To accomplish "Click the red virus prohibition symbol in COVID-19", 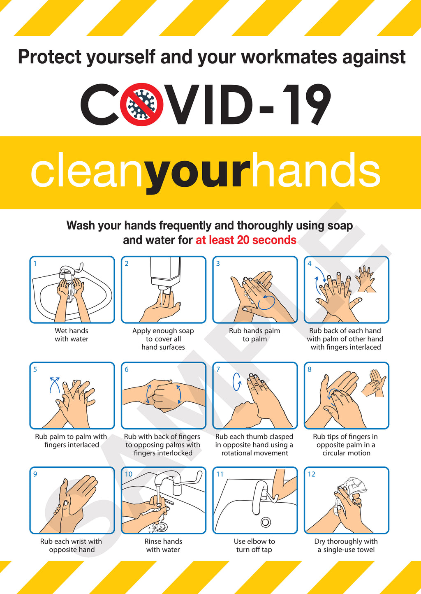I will (140, 104).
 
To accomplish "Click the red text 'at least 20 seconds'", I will (246, 240).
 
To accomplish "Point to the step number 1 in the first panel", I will (35, 264).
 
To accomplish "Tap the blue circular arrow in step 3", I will (266, 302).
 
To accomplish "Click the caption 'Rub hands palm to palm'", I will (254, 335).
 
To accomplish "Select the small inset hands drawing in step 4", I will (365, 278).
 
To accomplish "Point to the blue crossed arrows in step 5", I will (54, 385).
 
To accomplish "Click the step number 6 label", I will (127, 369).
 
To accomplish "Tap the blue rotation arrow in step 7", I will (237, 381).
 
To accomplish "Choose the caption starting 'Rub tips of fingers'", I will (346, 445).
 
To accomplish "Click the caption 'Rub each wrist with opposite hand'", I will (71, 545).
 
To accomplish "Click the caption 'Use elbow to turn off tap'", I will (254, 545).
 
